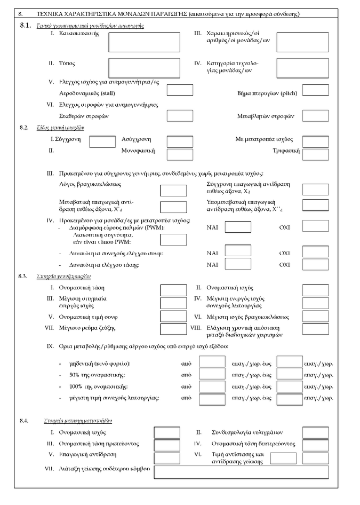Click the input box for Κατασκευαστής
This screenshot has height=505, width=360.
point(144,43)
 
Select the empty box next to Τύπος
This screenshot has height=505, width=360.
point(144,68)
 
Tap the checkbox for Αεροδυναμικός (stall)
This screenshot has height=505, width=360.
point(180,90)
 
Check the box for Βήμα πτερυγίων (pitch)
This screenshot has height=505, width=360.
point(315,90)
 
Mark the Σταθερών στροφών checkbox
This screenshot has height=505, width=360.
point(180,116)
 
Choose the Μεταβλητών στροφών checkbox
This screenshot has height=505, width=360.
point(315,116)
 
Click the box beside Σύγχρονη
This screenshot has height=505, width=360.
point(102,141)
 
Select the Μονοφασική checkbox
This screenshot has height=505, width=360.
point(180,154)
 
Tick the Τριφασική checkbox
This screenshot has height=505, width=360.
point(315,154)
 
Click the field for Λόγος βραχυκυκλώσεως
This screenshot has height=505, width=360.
point(173,191)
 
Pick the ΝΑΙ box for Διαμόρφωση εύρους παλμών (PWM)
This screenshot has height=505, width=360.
point(238,227)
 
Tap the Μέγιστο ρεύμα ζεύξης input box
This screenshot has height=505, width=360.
point(173,329)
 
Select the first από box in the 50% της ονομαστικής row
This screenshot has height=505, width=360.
point(212,375)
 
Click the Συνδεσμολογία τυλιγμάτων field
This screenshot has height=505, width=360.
point(316,432)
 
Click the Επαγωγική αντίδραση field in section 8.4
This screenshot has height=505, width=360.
point(167,458)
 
